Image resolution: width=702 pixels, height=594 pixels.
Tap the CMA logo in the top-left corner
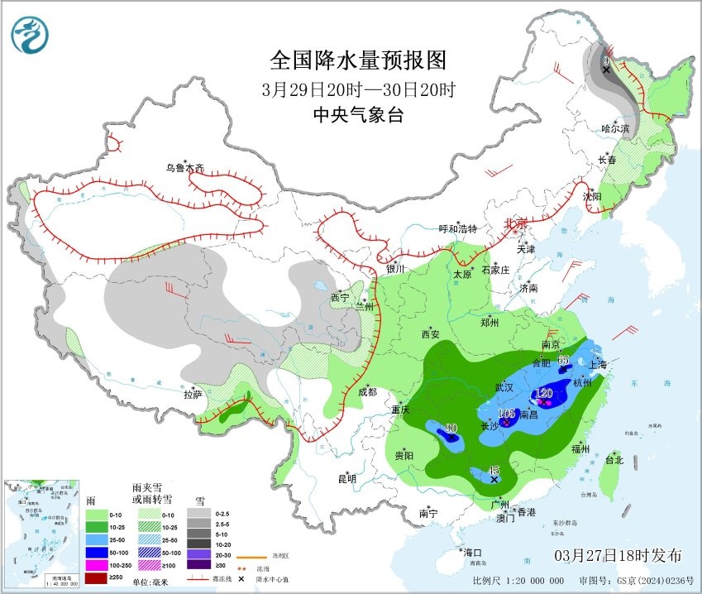30,35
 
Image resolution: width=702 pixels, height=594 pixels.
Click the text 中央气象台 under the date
358,116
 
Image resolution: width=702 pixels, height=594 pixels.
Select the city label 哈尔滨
615,129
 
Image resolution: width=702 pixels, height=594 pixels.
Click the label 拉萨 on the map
192,395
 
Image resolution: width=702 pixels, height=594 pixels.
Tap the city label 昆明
346,478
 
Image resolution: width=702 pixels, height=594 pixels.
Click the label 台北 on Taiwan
615,460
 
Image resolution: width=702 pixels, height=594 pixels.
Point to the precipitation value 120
544,393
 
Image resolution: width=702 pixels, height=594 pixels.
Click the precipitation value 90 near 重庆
451,428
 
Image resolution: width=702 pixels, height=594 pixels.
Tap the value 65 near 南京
564,360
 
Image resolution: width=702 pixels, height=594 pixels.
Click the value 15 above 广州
494,469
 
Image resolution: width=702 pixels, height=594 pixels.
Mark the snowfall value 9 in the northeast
605,60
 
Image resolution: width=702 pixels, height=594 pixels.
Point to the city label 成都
367,391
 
